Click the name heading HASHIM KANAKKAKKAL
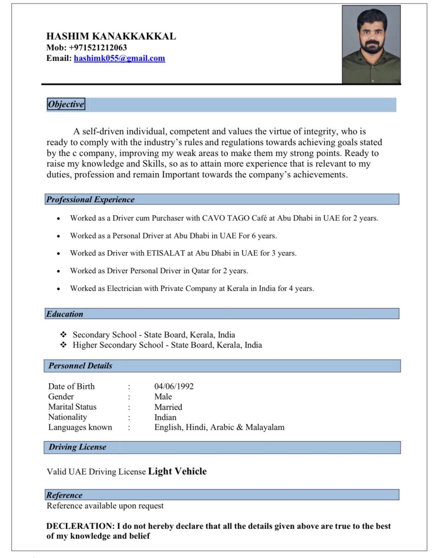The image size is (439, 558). tap(111, 36)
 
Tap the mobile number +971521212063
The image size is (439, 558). tap(98, 48)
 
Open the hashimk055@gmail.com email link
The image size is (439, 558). tap(119, 58)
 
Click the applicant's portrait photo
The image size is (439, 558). tap(371, 45)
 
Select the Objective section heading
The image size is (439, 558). tap(66, 104)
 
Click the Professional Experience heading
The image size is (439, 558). tap(90, 200)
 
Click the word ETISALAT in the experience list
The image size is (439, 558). tap(165, 253)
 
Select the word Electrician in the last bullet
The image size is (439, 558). tap(124, 288)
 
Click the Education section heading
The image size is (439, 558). tap(65, 314)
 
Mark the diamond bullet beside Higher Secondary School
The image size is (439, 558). tap(63, 345)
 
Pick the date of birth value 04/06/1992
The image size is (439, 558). tap(174, 386)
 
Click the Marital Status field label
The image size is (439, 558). tap(72, 407)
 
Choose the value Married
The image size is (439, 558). tap(168, 407)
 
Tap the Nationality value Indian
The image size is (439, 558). tap(165, 417)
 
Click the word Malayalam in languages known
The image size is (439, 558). tap(265, 427)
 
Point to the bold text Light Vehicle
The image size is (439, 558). tap(177, 471)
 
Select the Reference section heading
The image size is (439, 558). tap(64, 495)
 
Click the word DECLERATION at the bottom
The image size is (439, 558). tap(80, 526)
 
